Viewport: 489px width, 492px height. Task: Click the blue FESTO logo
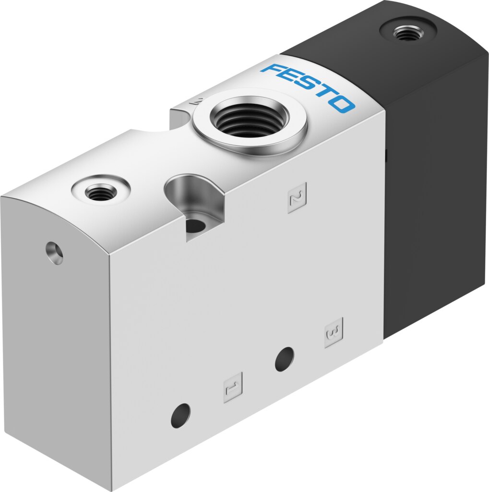(x=308, y=88)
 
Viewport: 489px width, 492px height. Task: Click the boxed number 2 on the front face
(x=297, y=198)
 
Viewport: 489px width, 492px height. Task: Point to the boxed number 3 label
(x=334, y=332)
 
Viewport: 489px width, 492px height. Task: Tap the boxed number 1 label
(x=233, y=388)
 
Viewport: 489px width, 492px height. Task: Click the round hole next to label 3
(x=284, y=359)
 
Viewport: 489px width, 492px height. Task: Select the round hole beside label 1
(x=180, y=416)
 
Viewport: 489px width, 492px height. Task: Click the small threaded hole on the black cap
(x=407, y=33)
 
